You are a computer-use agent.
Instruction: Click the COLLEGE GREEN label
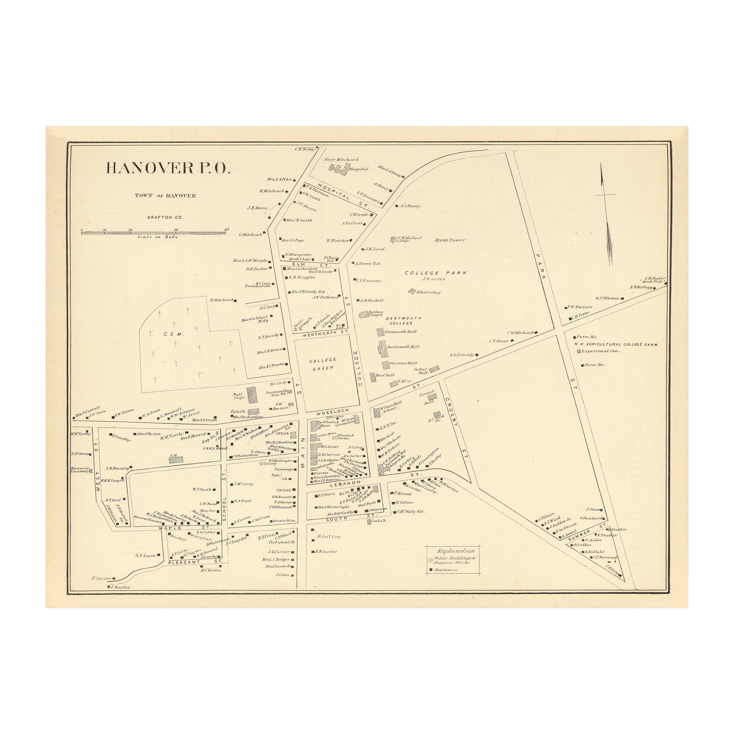click(323, 364)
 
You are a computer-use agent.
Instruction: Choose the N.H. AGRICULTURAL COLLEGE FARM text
click(615, 345)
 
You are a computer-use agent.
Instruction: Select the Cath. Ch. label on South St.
click(379, 521)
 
